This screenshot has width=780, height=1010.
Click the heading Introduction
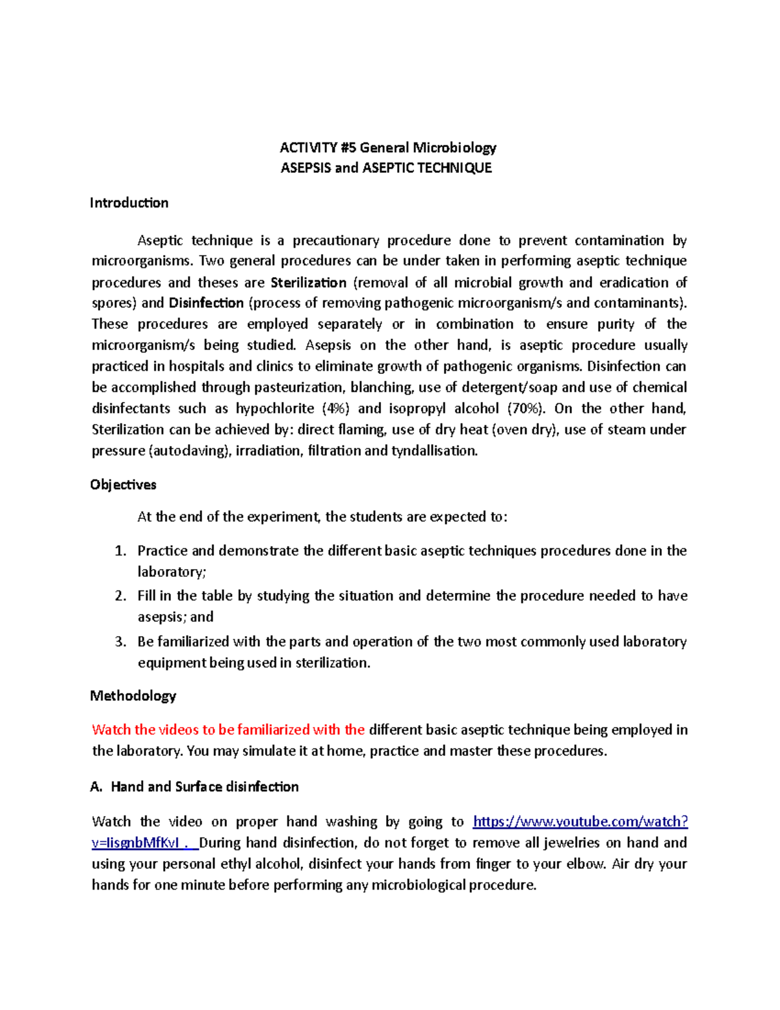click(x=129, y=203)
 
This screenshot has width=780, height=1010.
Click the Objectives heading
click(x=123, y=485)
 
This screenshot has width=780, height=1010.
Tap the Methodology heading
click(x=133, y=696)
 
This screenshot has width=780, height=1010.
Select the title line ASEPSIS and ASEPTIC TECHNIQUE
click(x=386, y=168)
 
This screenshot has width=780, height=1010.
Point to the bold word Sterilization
click(x=308, y=282)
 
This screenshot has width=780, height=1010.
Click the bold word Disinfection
click(x=206, y=303)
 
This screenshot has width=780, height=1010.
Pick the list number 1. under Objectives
click(x=120, y=551)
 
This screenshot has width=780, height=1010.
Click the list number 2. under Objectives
click(x=120, y=596)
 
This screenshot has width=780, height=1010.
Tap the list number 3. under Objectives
click(x=120, y=642)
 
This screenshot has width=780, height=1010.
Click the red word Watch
click(x=111, y=730)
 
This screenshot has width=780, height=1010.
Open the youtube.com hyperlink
click(x=580, y=822)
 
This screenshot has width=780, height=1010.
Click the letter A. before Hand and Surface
click(x=96, y=787)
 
